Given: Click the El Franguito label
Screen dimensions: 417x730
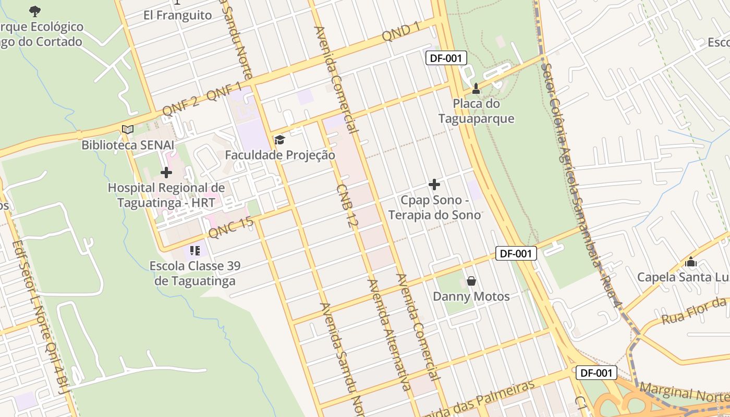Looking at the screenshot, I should coord(177,15).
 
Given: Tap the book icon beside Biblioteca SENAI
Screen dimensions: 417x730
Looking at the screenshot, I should coord(128,129).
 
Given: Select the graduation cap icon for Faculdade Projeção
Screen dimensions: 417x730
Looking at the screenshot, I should coord(279,140).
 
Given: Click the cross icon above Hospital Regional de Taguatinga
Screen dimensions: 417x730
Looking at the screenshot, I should coord(166,172).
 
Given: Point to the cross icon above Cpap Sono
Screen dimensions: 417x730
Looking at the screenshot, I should coord(434,185).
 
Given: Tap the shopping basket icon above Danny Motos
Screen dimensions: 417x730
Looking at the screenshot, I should coord(471,281).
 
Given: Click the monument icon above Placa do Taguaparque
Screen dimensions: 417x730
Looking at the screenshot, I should coord(476,89).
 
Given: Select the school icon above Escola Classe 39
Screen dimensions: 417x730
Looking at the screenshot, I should coord(194,251).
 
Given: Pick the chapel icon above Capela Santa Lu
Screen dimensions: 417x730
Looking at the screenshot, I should coord(691,262).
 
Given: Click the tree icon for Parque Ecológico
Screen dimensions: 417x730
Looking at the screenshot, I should coord(35,11).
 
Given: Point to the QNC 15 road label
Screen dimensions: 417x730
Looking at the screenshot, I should coord(230,228).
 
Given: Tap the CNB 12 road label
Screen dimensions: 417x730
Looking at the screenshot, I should coord(347,205).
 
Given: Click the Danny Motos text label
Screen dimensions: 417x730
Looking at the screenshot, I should coord(471,297).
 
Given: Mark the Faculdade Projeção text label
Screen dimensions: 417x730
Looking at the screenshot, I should coord(280,155).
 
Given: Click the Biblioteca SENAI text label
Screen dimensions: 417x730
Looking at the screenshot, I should coord(128,145).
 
